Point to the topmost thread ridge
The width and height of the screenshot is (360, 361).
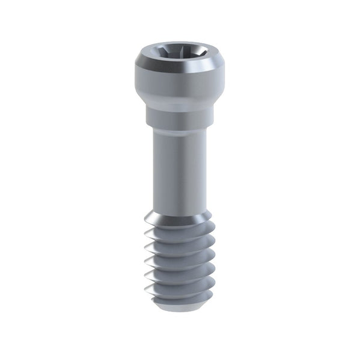coord(179,229)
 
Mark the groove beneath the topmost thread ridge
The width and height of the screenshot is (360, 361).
coord(179,236)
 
